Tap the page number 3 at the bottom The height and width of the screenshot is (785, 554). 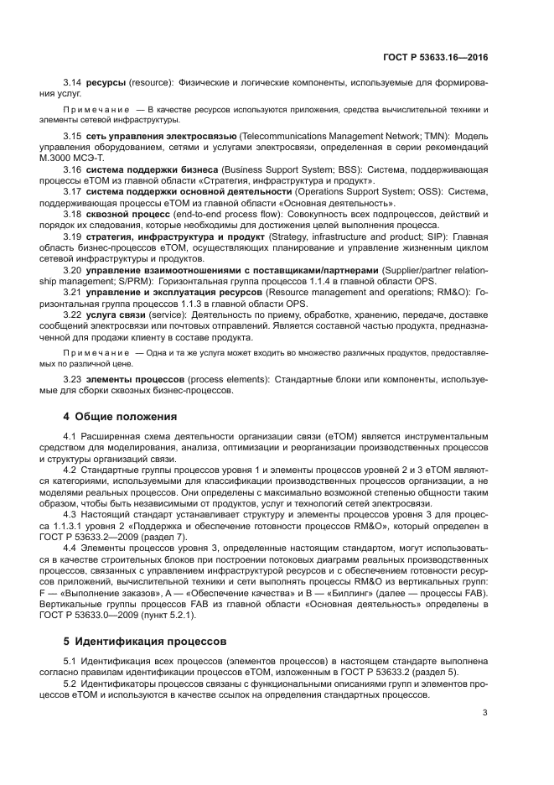coord(485,713)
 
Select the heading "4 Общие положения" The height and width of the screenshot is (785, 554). coord(121,416)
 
